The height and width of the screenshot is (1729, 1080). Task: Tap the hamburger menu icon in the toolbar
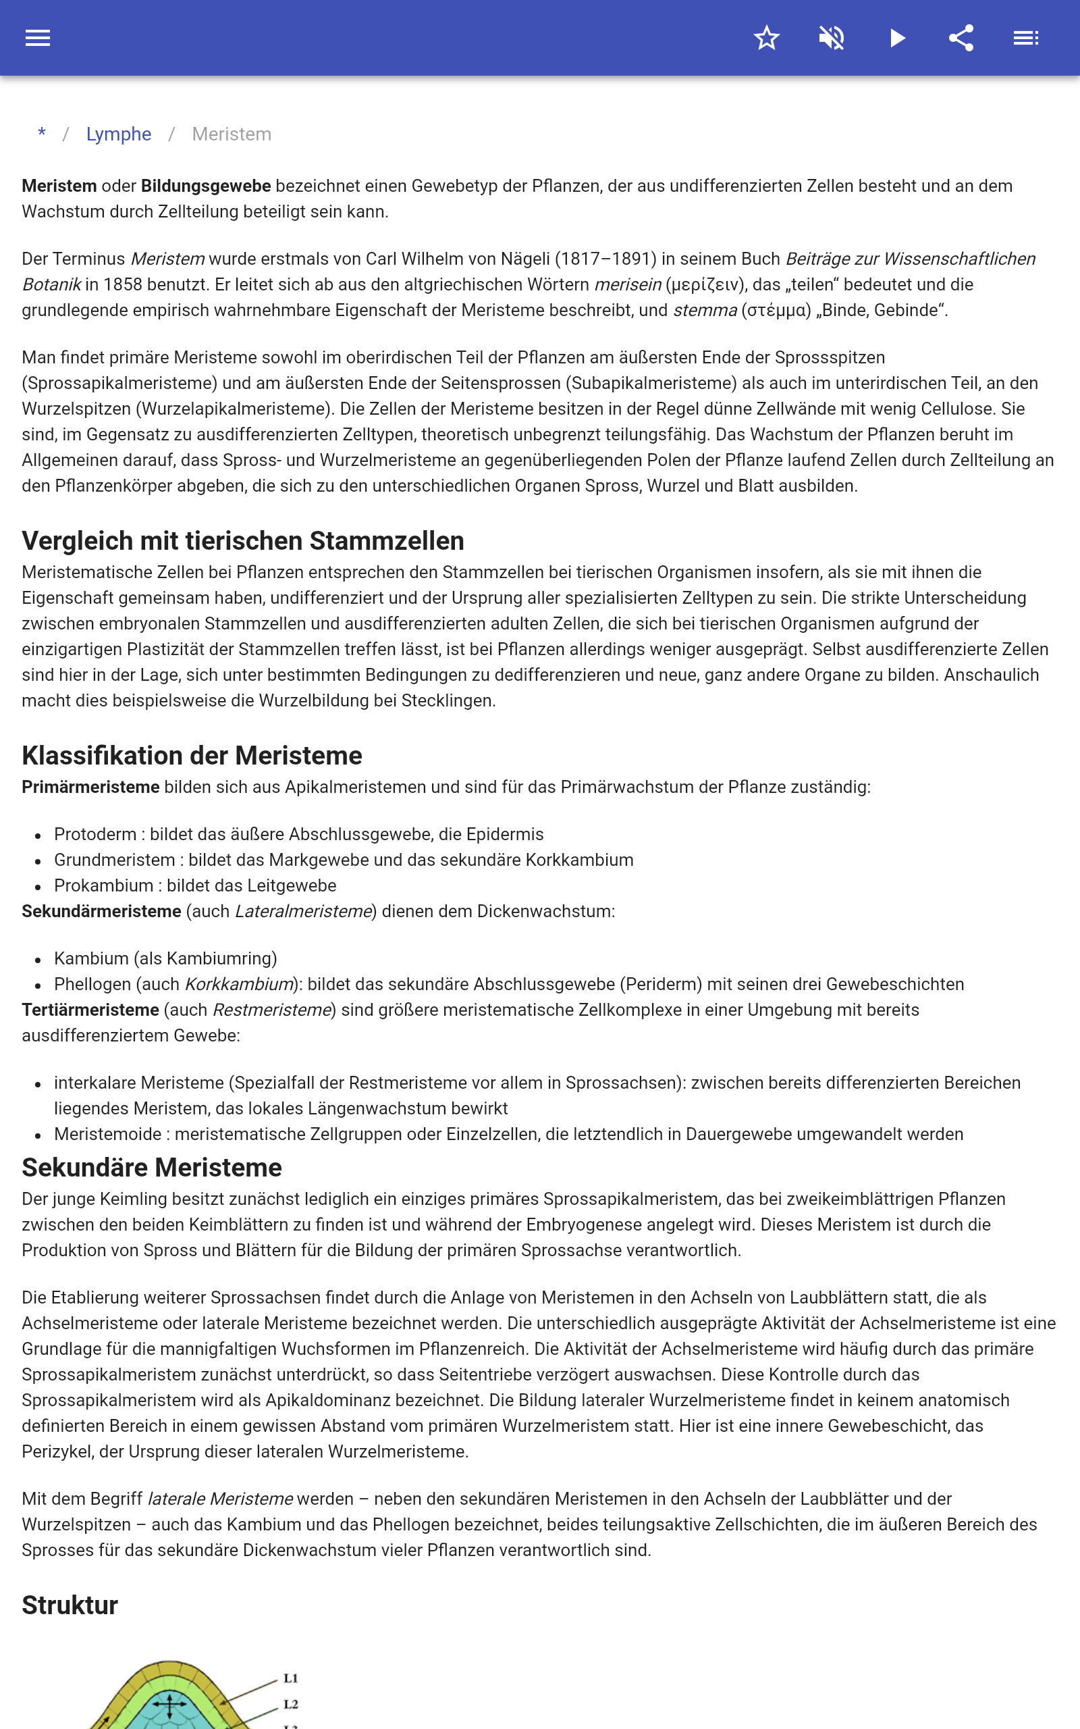pos(38,38)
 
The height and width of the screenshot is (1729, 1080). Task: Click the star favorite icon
pos(766,38)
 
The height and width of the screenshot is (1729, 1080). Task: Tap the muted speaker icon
pos(832,38)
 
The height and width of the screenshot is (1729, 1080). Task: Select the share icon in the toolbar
pos(961,38)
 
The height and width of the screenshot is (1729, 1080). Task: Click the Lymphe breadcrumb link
pos(119,134)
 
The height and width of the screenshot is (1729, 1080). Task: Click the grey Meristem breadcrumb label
pos(232,134)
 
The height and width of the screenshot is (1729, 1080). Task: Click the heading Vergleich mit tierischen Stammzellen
pos(243,541)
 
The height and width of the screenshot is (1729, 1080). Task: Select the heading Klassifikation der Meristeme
pos(192,755)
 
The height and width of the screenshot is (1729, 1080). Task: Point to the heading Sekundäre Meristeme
pos(151,1168)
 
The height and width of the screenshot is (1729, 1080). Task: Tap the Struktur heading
pos(70,1605)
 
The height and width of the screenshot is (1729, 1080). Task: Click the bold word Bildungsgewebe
pos(206,186)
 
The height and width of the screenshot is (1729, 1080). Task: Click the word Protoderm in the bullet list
pos(95,835)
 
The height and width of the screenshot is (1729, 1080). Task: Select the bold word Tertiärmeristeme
pos(90,1010)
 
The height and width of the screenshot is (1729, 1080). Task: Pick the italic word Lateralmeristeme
pos(304,912)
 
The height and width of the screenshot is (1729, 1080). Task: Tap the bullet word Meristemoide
pos(108,1135)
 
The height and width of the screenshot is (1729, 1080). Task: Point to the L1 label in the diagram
pos(291,1678)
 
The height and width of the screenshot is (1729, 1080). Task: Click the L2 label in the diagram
pos(291,1704)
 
